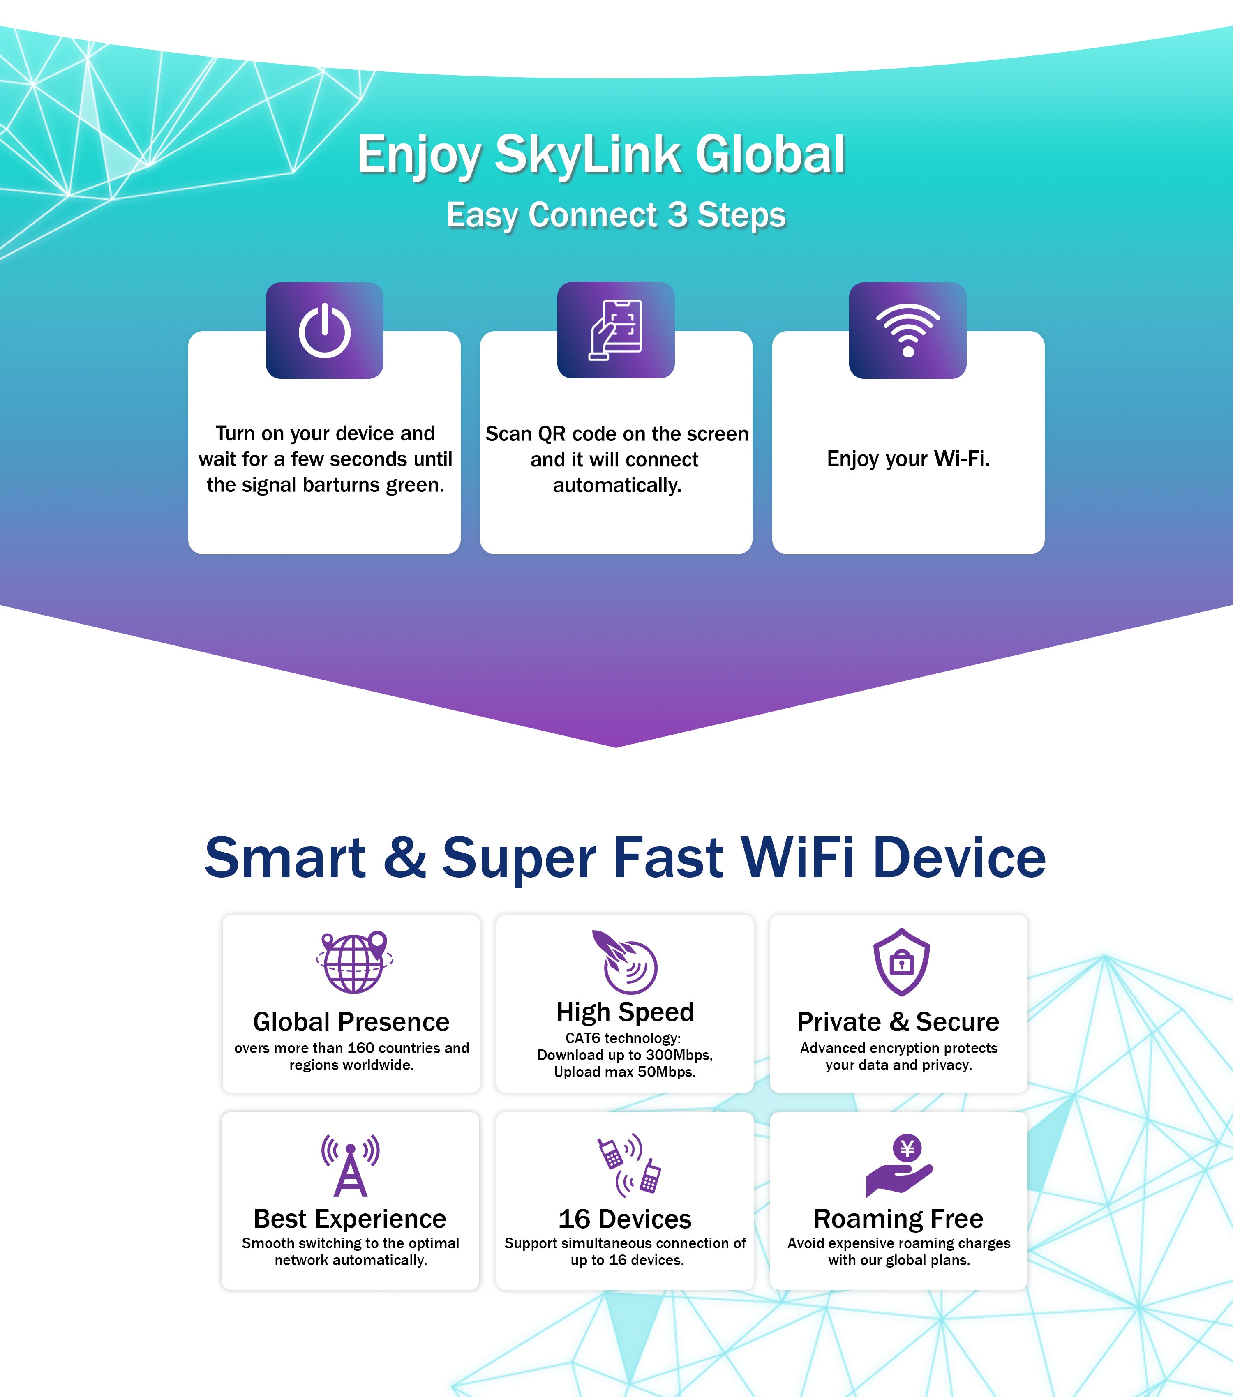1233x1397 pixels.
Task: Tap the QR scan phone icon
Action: (x=616, y=330)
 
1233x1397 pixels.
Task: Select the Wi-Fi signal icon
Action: (x=907, y=330)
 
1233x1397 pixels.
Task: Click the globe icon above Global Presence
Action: (x=354, y=961)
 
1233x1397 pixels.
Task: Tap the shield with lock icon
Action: (x=901, y=961)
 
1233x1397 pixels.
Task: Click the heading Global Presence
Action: (x=351, y=1022)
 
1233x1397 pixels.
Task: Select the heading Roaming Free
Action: (x=898, y=1219)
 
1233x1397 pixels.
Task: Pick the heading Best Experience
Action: (x=350, y=1219)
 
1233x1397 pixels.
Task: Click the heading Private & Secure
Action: (x=898, y=1022)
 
